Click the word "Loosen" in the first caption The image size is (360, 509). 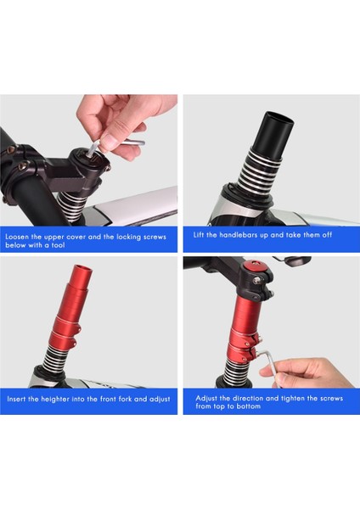point(17,237)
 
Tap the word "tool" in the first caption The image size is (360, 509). point(58,245)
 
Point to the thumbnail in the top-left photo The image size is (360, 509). point(108,143)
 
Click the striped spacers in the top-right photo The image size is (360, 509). point(259,171)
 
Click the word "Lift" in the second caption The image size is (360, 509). point(199,234)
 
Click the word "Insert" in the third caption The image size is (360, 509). point(16,399)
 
